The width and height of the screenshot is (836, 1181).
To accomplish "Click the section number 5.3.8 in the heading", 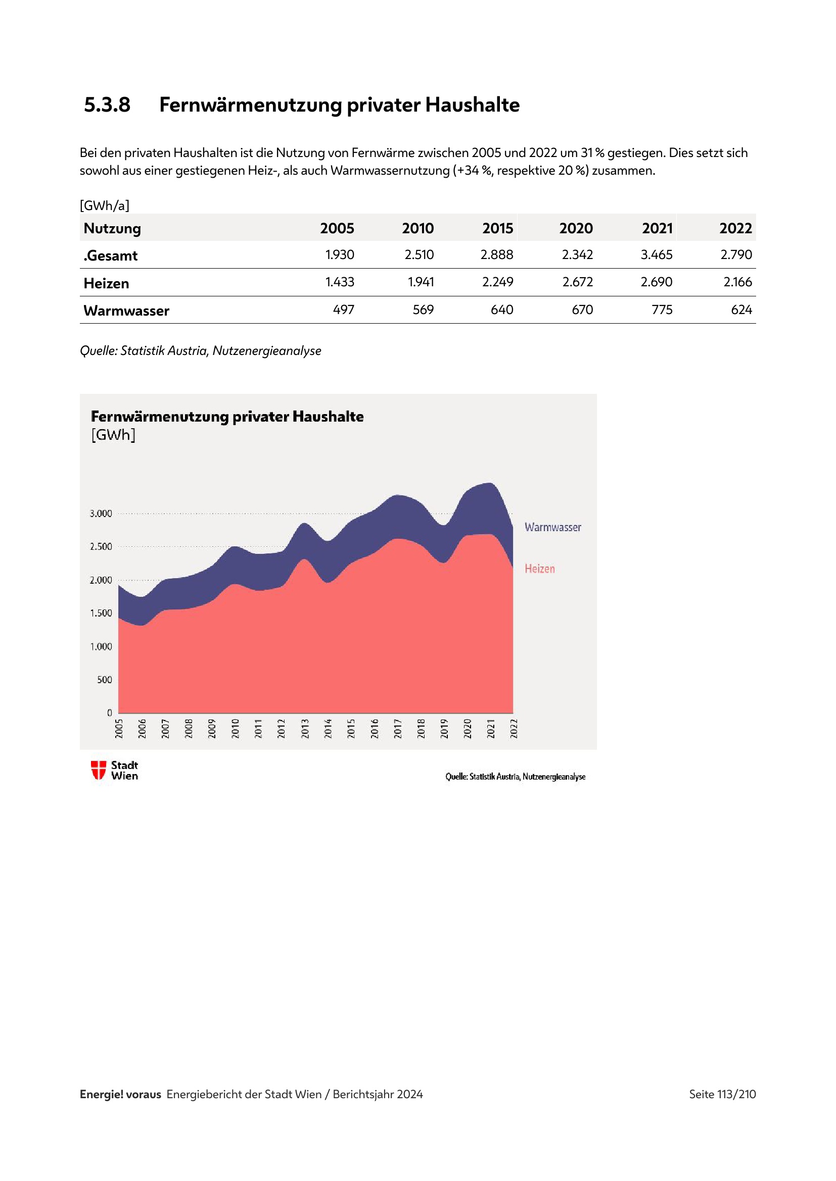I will pyautogui.click(x=107, y=105).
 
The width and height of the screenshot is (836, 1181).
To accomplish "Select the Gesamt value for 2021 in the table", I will pyautogui.click(x=657, y=254).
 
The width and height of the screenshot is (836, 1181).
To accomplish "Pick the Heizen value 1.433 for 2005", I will pyautogui.click(x=340, y=282).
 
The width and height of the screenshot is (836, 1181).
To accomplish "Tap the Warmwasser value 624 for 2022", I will pyautogui.click(x=741, y=310).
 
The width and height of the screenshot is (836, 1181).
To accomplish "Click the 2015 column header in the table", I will pyautogui.click(x=497, y=228).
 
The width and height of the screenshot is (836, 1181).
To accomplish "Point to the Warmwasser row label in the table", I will pyautogui.click(x=126, y=311).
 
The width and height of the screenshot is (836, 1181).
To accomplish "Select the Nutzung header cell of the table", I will pyautogui.click(x=112, y=228).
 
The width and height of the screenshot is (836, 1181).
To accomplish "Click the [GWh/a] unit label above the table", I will pyautogui.click(x=105, y=206).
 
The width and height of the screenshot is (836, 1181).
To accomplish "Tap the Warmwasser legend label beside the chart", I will pyautogui.click(x=552, y=527).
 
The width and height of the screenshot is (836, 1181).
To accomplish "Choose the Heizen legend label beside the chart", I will pyautogui.click(x=539, y=569).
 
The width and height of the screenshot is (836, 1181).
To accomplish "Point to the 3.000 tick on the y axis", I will pyautogui.click(x=101, y=514).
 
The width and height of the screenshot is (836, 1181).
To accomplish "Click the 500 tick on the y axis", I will pyautogui.click(x=105, y=680).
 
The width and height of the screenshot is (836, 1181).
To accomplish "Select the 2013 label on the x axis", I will pyautogui.click(x=305, y=729).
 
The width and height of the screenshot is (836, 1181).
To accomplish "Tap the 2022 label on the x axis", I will pyautogui.click(x=514, y=729).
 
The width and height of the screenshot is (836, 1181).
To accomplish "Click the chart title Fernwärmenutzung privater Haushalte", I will pyautogui.click(x=227, y=417).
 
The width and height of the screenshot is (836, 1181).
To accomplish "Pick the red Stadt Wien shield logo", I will pyautogui.click(x=99, y=770).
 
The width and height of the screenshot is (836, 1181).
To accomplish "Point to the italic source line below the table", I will pyautogui.click(x=200, y=351).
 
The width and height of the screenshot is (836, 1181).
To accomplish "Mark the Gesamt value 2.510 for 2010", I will pyautogui.click(x=419, y=254).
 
